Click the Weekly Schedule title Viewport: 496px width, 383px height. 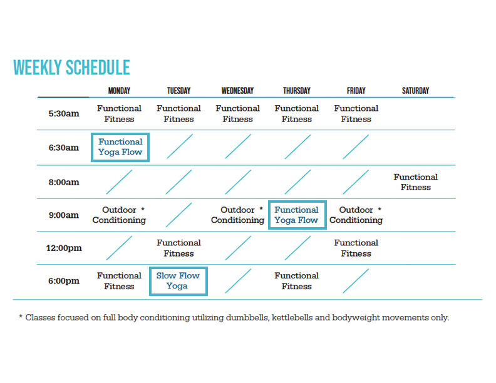pyautogui.click(x=71, y=68)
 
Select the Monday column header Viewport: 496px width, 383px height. pyautogui.click(x=119, y=91)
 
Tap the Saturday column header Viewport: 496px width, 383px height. pyautogui.click(x=415, y=91)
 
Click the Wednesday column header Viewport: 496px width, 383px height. pyautogui.click(x=237, y=91)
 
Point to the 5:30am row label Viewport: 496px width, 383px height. pyautogui.click(x=64, y=114)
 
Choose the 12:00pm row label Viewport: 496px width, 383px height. pyautogui.click(x=64, y=248)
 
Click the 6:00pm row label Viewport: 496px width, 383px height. pyautogui.click(x=64, y=281)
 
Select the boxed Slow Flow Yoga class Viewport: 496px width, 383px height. pyautogui.click(x=178, y=281)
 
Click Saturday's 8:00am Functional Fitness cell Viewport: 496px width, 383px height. pyautogui.click(x=416, y=182)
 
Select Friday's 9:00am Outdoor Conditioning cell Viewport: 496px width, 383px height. pyautogui.click(x=356, y=215)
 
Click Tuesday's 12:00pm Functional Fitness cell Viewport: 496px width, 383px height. pyautogui.click(x=178, y=248)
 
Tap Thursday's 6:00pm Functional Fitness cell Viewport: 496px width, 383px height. pyautogui.click(x=297, y=281)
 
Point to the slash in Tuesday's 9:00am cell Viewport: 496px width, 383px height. pyautogui.click(x=178, y=215)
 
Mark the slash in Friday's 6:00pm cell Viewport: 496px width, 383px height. pyautogui.click(x=356, y=281)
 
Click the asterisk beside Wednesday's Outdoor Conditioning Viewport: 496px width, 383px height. pyautogui.click(x=261, y=209)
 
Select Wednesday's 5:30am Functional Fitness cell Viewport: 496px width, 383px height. pyautogui.click(x=237, y=114)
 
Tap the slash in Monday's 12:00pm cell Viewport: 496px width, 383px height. pyautogui.click(x=119, y=248)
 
